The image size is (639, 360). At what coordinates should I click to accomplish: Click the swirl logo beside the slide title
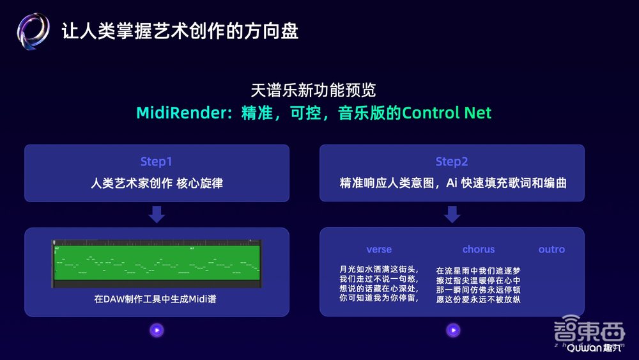(33, 31)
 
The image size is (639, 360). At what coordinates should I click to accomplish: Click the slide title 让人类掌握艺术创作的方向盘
(180, 31)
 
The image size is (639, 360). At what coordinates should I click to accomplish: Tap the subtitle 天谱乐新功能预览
(314, 90)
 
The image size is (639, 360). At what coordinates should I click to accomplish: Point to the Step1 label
(157, 162)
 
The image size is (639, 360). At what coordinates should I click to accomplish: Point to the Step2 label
(452, 162)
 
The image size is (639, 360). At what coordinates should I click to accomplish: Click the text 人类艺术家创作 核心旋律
(157, 184)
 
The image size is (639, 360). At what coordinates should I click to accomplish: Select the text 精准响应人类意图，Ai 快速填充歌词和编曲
(453, 184)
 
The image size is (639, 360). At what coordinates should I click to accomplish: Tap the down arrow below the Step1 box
(157, 214)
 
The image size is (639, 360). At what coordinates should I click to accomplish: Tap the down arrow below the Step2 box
(452, 214)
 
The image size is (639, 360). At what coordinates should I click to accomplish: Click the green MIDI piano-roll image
(157, 263)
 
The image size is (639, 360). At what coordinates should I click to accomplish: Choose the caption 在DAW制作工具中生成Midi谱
(157, 298)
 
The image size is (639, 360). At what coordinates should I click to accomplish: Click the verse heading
(379, 249)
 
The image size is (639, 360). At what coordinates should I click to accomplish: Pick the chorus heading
(479, 249)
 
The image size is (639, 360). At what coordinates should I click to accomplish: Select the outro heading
(551, 249)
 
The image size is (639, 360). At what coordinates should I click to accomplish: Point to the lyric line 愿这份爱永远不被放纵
(479, 299)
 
